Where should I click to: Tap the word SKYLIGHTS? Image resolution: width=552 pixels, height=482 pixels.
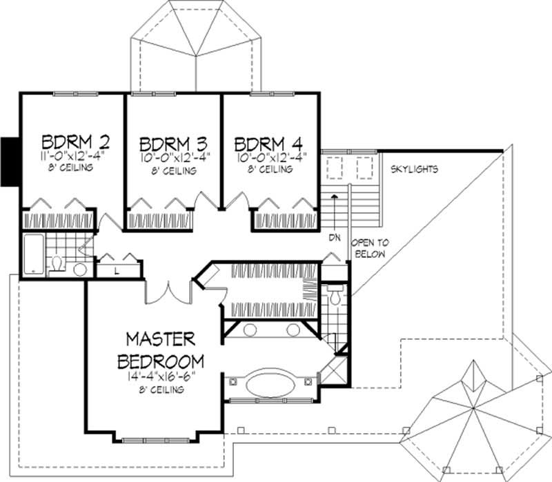click(x=414, y=169)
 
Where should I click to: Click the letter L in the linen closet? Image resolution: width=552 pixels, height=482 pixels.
click(x=117, y=270)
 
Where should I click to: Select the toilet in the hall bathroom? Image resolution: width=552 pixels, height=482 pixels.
click(x=57, y=264)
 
